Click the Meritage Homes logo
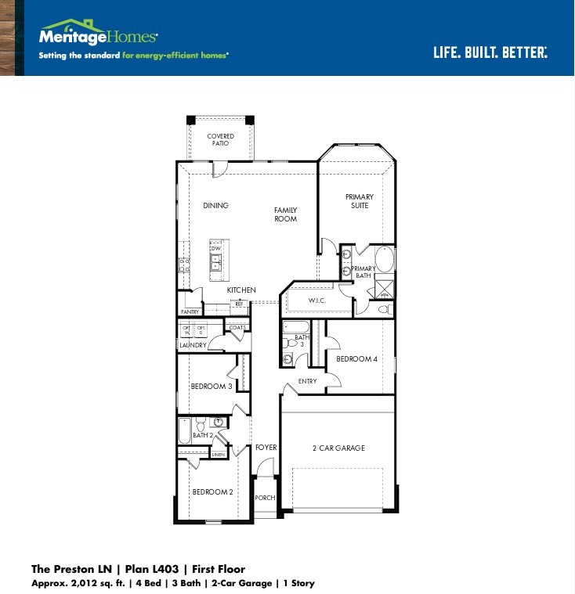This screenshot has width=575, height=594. pyautogui.click(x=98, y=34)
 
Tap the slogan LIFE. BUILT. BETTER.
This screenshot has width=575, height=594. pyautogui.click(x=490, y=52)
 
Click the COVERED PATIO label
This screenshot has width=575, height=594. pyautogui.click(x=220, y=140)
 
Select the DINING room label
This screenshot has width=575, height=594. pyautogui.click(x=215, y=206)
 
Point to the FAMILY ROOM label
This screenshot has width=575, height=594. pyautogui.click(x=285, y=214)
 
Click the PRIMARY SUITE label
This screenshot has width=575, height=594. pyautogui.click(x=360, y=201)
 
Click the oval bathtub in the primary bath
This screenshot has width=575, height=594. pyautogui.click(x=384, y=258)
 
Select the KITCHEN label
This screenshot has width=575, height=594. pyautogui.click(x=241, y=290)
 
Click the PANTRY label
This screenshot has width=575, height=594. pyautogui.click(x=190, y=311)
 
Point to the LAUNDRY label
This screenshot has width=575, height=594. pyautogui.click(x=193, y=345)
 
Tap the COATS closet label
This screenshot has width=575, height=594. pyautogui.click(x=237, y=327)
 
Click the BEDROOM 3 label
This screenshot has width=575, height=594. pyautogui.click(x=212, y=387)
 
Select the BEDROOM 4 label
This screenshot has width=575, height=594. pyautogui.click(x=356, y=359)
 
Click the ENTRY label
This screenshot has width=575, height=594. pyautogui.click(x=308, y=381)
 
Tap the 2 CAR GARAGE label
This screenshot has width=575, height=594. pyautogui.click(x=338, y=448)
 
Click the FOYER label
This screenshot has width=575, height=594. pyautogui.click(x=266, y=448)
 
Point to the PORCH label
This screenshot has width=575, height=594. pyautogui.click(x=266, y=498)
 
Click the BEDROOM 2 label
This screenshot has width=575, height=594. pyautogui.click(x=212, y=492)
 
